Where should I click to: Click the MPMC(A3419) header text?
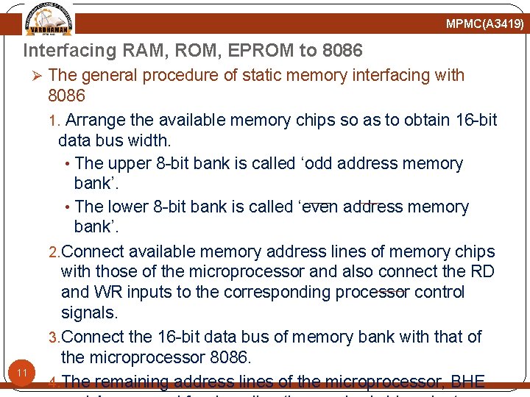click(484, 24)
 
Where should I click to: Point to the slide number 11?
click(23, 373)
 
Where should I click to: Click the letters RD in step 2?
click(482, 271)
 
